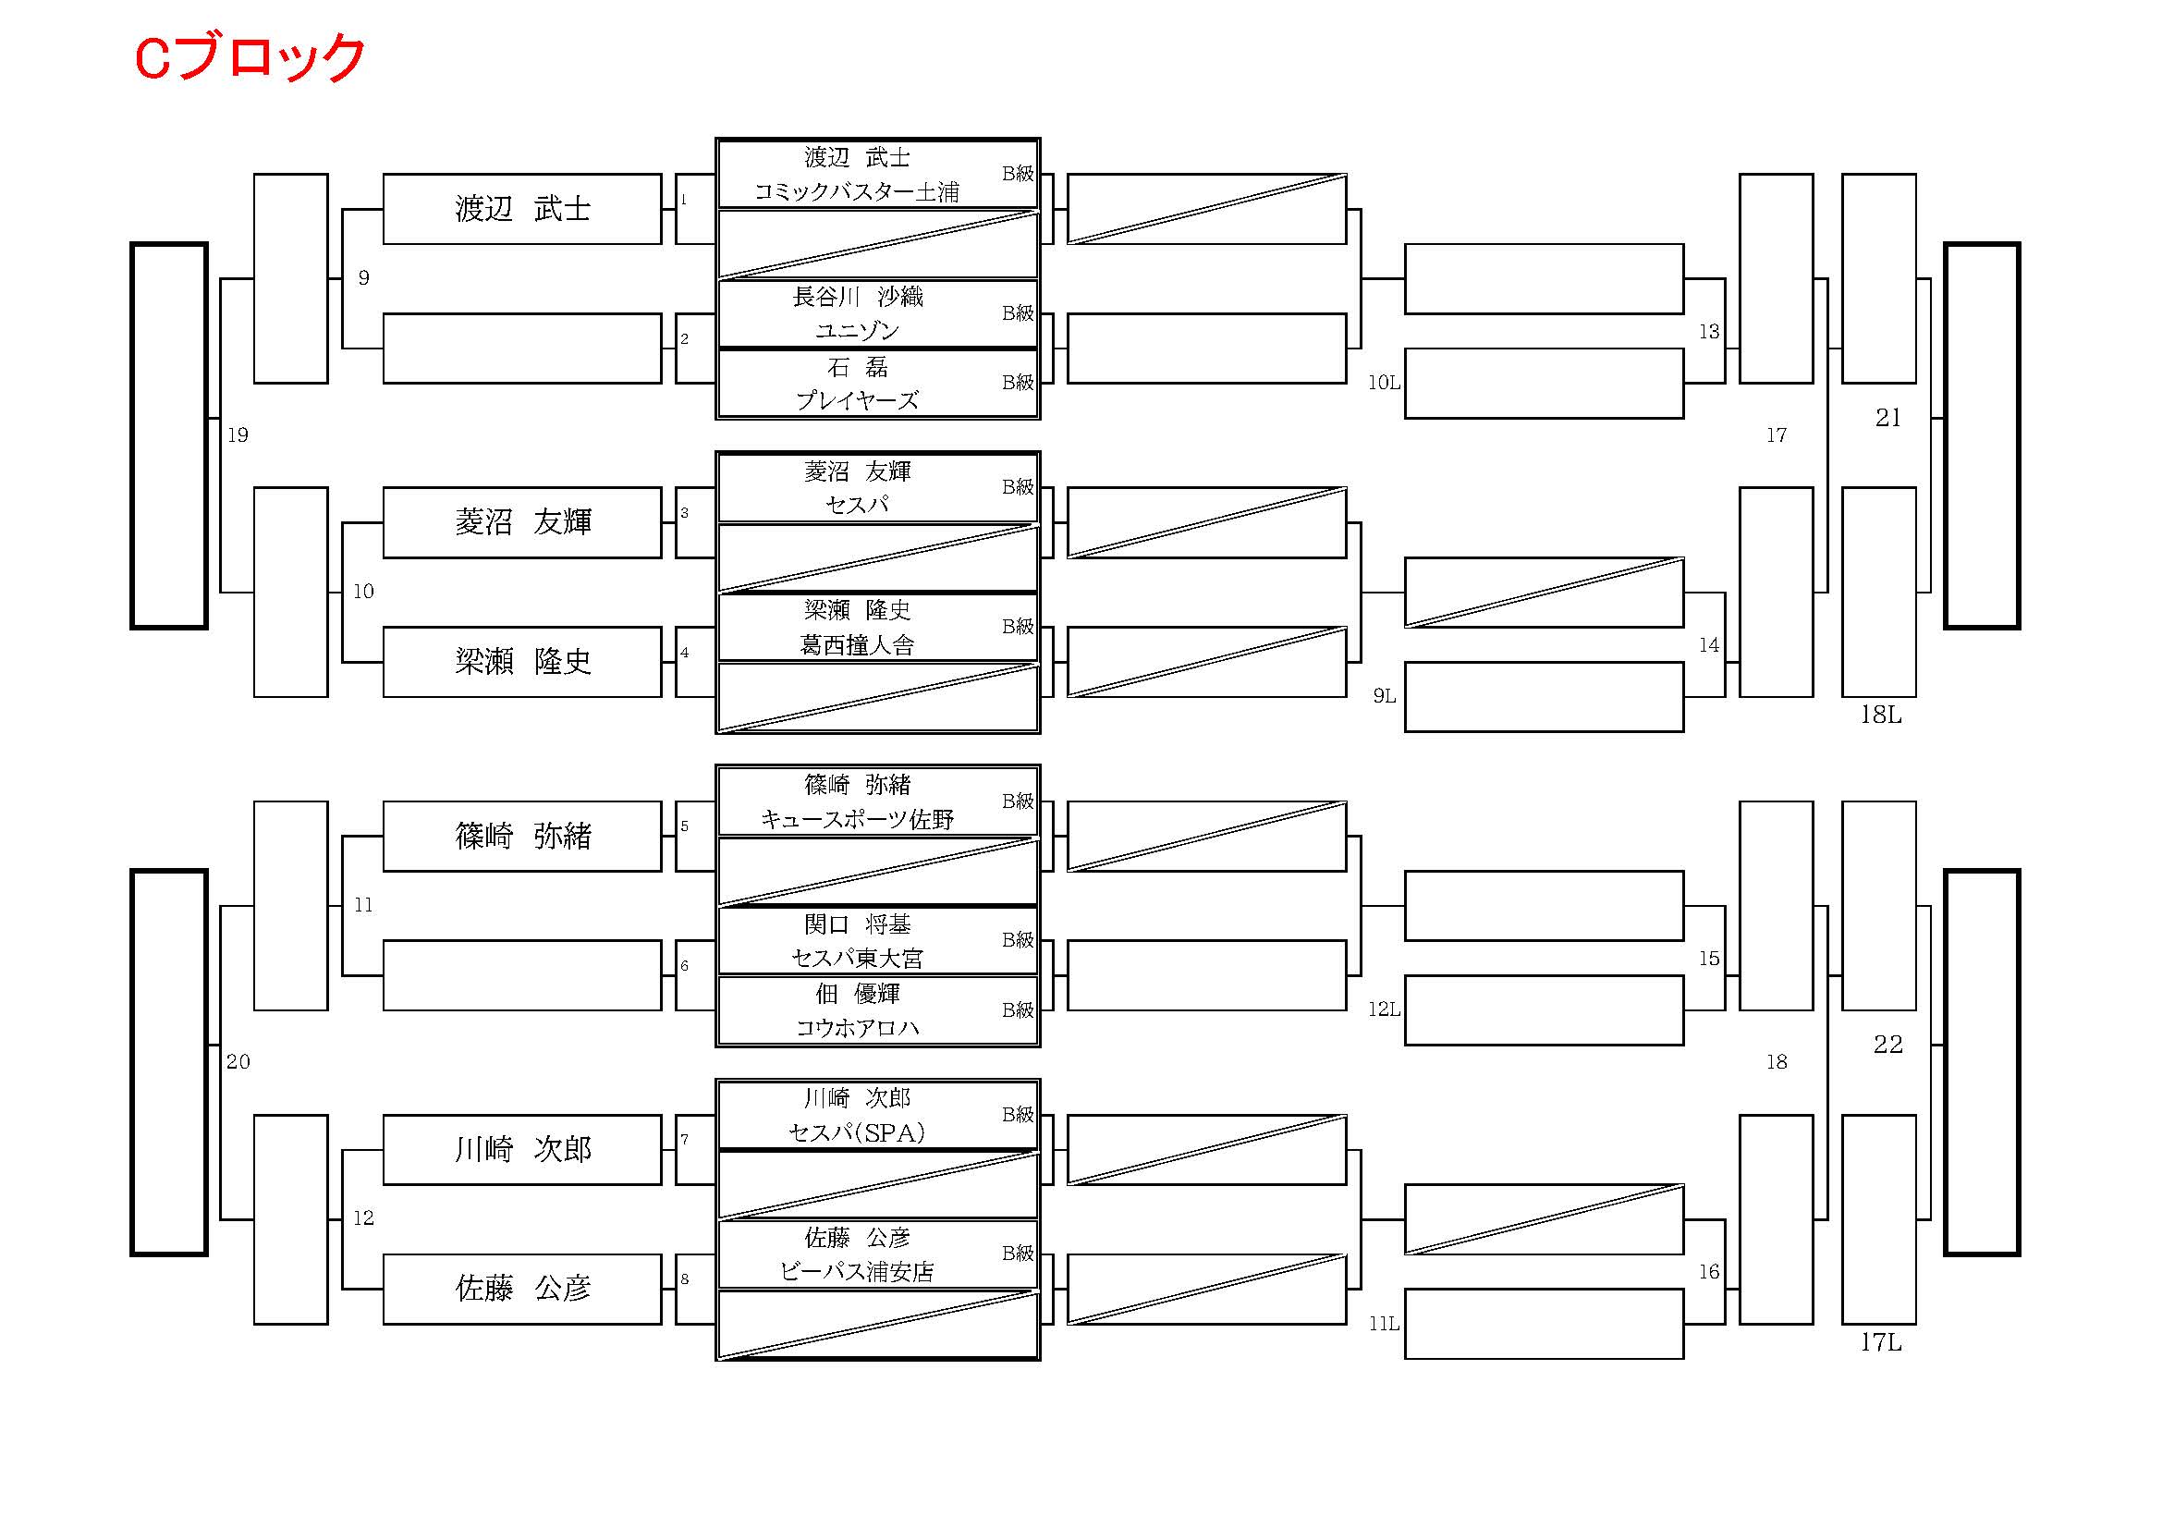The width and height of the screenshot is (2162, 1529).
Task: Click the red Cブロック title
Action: (250, 57)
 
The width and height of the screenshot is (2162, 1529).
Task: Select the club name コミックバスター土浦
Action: (857, 192)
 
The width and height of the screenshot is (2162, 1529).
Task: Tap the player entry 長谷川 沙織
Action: (857, 298)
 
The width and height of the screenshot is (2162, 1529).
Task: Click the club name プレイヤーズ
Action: (857, 401)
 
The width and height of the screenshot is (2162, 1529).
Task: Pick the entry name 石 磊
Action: (857, 366)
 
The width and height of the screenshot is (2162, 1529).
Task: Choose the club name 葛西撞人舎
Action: (857, 645)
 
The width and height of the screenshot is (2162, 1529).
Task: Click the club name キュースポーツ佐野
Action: (857, 820)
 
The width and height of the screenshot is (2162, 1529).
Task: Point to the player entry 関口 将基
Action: (857, 924)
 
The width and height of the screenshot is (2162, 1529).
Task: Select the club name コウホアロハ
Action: (857, 1028)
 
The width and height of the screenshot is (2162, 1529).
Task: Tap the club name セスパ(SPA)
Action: (857, 1132)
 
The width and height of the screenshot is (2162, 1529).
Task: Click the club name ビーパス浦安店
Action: (857, 1272)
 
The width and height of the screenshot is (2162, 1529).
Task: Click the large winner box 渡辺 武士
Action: (522, 209)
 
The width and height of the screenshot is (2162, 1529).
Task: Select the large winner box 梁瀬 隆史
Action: (522, 662)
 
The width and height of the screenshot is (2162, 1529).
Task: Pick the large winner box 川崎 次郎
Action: (522, 1150)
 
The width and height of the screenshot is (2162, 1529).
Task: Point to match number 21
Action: (1887, 418)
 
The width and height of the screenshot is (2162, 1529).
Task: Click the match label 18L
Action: (1880, 716)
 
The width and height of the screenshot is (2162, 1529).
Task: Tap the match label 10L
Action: (1384, 384)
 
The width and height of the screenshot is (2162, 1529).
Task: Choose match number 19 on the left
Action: (238, 435)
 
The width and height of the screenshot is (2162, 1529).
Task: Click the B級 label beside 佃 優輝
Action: (1017, 1010)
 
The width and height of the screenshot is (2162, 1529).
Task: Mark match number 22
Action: (1887, 1044)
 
